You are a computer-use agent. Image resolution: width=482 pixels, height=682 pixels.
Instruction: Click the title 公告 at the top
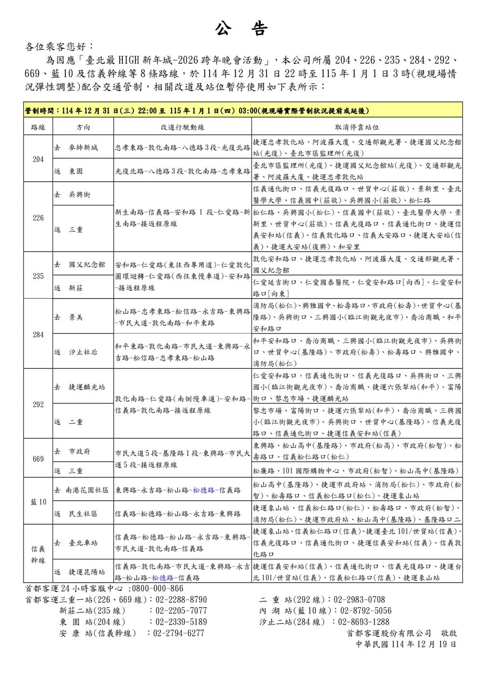tap(241, 29)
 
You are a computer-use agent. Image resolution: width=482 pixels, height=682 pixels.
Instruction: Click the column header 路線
tap(38, 127)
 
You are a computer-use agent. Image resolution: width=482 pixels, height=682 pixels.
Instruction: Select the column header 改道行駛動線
tap(182, 127)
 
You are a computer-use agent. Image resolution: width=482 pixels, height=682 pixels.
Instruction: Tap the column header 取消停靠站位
tap(357, 127)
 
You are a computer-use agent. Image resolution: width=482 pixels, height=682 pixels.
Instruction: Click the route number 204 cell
tap(38, 159)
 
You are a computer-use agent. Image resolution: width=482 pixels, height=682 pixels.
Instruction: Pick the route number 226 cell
tap(38, 218)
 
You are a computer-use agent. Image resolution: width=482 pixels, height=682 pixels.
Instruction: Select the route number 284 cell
tap(38, 334)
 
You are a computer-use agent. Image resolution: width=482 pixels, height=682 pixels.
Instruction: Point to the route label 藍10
tap(38, 502)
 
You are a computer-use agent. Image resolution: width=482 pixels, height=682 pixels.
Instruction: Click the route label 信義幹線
tap(38, 554)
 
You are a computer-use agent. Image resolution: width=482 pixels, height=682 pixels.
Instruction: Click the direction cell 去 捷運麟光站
tap(80, 387)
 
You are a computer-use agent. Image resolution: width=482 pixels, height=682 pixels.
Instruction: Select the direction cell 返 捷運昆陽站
tap(80, 572)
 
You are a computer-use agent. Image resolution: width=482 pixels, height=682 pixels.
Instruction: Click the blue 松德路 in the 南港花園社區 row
tap(203, 490)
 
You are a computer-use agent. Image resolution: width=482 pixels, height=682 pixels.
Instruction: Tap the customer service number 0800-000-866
tap(158, 588)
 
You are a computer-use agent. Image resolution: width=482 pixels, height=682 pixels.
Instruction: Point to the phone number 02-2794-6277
tap(179, 633)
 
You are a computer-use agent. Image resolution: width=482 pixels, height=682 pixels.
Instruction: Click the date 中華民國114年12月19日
tap(406, 644)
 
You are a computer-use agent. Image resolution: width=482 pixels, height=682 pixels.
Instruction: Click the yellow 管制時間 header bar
tap(243, 110)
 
